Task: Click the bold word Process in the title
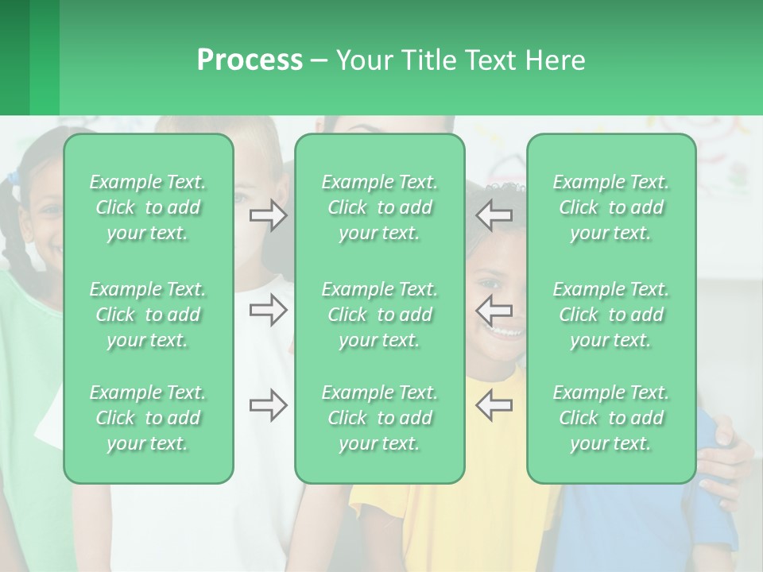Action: coord(250,60)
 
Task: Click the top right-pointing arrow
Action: coord(268,215)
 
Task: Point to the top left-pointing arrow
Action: coord(494,215)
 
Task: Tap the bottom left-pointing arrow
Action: coord(494,405)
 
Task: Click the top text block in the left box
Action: coord(148,207)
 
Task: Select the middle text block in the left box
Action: coord(148,315)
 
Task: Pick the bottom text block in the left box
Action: coord(148,418)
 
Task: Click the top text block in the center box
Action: coord(379,207)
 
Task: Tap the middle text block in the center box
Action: coord(379,315)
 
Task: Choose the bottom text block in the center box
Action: coord(379,418)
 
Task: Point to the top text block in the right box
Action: coord(611,207)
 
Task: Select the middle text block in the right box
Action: coord(611,315)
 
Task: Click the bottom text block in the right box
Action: coord(611,418)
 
